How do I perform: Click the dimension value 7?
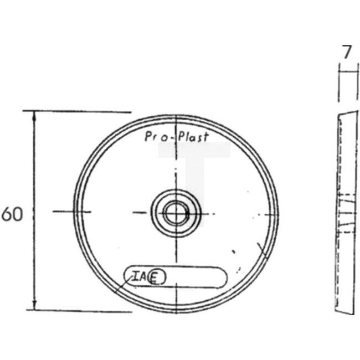point(346,53)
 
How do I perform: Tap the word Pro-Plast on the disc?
point(176,136)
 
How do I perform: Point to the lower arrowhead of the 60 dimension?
point(34,306)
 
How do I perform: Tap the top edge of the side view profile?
point(346,112)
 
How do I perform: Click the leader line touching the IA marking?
point(123,284)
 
